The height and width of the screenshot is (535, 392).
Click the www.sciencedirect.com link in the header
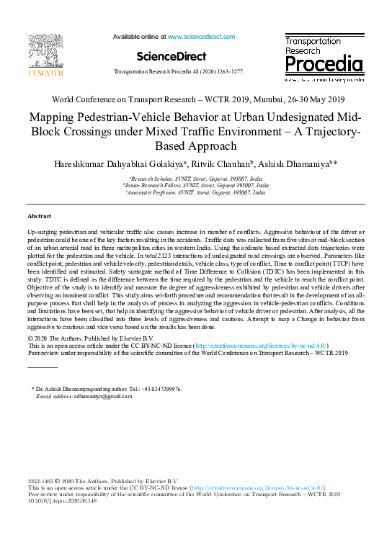point(203,35)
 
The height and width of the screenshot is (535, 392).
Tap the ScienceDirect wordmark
point(171,55)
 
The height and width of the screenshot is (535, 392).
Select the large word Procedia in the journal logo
point(324,65)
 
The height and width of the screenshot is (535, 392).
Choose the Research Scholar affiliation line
point(196,178)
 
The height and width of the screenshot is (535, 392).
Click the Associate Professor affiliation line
point(196,192)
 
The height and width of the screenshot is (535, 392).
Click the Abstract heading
point(39,216)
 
